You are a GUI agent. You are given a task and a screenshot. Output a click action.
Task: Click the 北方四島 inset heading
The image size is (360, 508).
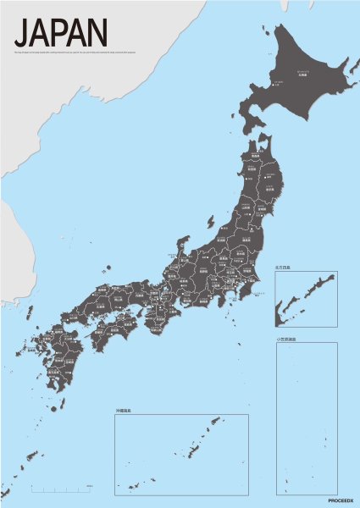point(283,268)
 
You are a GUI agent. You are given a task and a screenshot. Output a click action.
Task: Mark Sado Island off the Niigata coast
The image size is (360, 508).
point(210,222)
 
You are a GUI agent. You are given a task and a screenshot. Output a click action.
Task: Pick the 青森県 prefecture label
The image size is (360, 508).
point(254,157)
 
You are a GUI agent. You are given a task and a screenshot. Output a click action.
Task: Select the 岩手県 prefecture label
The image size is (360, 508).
point(269,185)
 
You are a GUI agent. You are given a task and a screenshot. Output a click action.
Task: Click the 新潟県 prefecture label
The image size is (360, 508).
point(222,238)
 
